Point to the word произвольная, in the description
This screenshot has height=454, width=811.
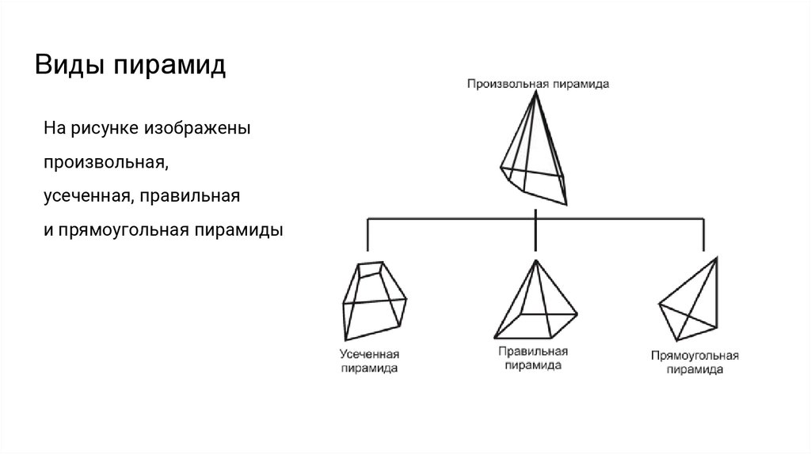coord(105,161)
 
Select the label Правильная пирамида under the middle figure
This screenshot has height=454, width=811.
coord(535,358)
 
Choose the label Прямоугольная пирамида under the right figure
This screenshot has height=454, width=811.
coord(695,363)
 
